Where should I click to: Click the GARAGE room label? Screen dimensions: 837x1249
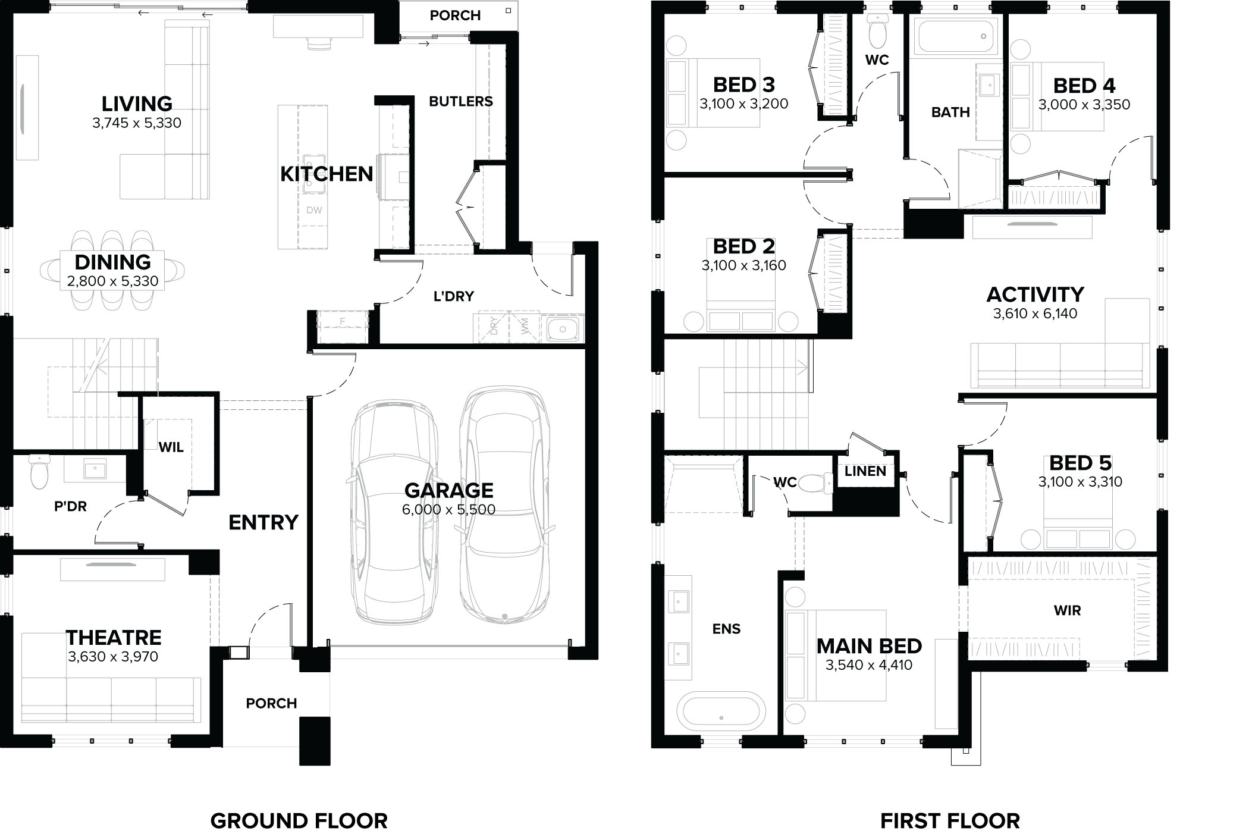(448, 490)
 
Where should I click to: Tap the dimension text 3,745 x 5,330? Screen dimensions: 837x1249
(137, 123)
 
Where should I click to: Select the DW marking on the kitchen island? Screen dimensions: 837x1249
(314, 210)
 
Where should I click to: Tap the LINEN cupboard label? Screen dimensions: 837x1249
(865, 471)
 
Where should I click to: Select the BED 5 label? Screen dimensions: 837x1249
(1080, 463)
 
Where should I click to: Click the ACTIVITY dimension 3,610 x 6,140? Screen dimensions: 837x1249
(1035, 314)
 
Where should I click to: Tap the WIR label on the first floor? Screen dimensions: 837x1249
(1067, 610)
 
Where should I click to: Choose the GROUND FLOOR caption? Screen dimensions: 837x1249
(299, 821)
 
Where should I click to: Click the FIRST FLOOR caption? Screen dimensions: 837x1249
(950, 821)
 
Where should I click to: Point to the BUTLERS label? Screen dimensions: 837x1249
(461, 102)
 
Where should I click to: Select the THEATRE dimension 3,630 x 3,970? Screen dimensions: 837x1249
(113, 657)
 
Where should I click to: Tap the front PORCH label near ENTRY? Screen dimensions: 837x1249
(271, 703)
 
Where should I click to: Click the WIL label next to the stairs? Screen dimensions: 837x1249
(171, 447)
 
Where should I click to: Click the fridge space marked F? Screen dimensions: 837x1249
(342, 322)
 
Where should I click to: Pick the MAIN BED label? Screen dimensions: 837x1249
(869, 646)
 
